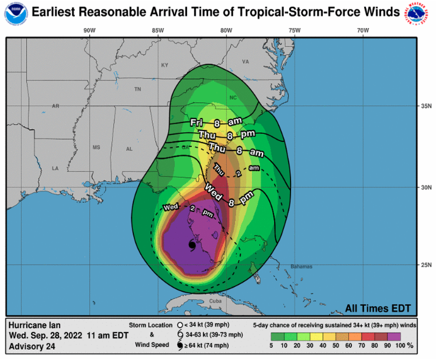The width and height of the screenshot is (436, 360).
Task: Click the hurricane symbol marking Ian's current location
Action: pos(191,245)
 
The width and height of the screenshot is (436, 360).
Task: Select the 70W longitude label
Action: pos(363,30)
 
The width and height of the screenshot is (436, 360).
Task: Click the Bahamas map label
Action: pos(301,267)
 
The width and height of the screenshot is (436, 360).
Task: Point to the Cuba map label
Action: pos(216,301)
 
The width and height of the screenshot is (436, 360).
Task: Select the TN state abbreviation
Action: pos(138,89)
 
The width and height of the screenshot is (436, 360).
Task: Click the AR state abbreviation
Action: pos(55,106)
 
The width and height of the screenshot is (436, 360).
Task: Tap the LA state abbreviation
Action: pos(55,168)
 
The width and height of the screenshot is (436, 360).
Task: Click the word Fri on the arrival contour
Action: pos(196,123)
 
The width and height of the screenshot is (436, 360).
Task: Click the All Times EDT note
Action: pos(378,308)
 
